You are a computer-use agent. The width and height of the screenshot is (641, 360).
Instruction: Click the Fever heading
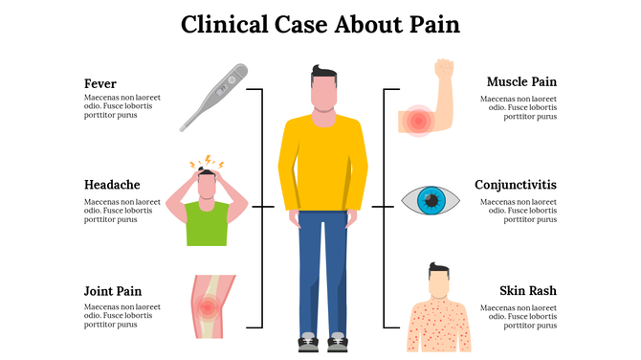click(100, 83)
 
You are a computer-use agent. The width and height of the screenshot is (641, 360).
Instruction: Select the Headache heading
click(112, 185)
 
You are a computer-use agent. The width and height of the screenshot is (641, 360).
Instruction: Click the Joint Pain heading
click(113, 290)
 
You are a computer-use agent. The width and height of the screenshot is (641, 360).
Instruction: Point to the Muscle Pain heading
click(521, 81)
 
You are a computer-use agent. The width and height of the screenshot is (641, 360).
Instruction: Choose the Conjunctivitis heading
click(516, 185)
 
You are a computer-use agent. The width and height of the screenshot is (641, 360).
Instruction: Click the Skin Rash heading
click(527, 290)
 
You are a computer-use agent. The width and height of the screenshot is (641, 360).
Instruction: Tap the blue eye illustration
click(430, 200)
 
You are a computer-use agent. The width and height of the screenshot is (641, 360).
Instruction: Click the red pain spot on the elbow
click(418, 120)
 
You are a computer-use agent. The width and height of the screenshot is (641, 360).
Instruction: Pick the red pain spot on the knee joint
click(207, 307)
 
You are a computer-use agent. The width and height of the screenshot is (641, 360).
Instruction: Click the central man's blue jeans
click(322, 268)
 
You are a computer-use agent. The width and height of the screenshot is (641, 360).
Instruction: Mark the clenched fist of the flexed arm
click(443, 69)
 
